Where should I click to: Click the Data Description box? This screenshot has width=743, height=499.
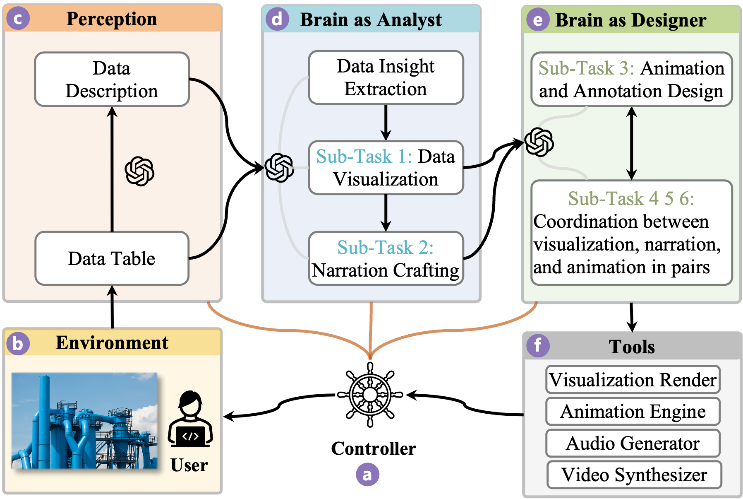coord(112,80)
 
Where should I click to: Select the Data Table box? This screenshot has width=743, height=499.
coord(112,258)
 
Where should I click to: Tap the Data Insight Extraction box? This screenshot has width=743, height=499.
coord(386,77)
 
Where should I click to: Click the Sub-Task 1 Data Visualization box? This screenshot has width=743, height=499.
coord(386,168)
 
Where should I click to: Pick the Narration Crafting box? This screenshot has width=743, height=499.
coord(386,258)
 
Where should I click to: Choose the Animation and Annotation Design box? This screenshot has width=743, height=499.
coord(631,80)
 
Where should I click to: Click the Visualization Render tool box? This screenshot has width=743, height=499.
coord(633,379)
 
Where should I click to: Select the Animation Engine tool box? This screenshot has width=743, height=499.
coord(633,411)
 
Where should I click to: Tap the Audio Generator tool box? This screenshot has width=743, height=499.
coord(633,443)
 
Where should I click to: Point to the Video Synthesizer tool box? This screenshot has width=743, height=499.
coord(634,475)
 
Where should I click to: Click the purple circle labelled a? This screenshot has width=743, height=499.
coord(367,475)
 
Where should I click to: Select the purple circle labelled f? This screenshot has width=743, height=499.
coord(538,345)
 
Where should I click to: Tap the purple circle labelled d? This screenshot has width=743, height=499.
coord(277,19)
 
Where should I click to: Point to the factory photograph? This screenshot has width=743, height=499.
coord(84,421)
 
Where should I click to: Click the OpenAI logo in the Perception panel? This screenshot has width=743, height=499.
coord(139,171)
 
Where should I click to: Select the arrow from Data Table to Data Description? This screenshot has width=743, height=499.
coord(112,170)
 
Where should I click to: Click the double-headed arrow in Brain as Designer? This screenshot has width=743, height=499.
coord(631,143)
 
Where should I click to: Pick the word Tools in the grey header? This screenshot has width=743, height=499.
coord(632,347)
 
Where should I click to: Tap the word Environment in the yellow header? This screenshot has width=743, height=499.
coord(112,343)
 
